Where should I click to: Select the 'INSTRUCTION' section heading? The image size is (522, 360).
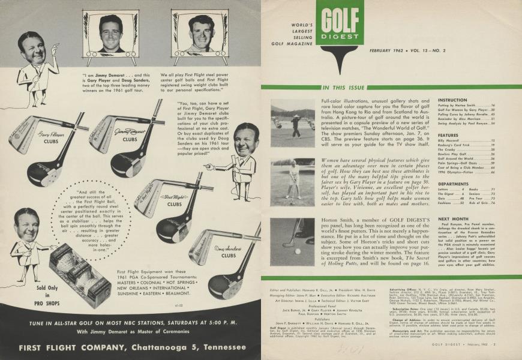453,100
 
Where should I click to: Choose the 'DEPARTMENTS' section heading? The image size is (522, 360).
455,184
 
